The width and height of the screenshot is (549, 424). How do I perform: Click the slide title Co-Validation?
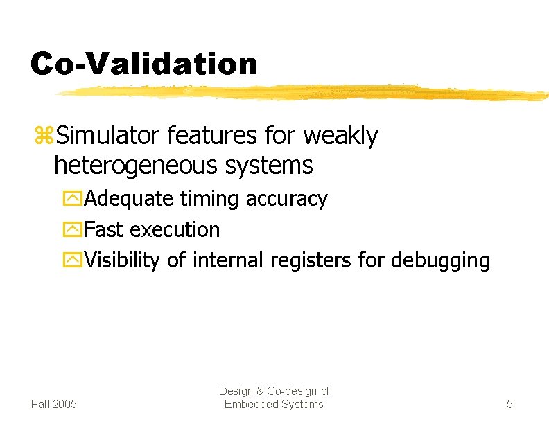(x=143, y=64)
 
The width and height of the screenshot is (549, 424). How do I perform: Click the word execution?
(x=175, y=229)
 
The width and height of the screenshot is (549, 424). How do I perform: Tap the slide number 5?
(x=509, y=404)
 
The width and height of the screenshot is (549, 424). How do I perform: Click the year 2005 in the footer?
(x=65, y=404)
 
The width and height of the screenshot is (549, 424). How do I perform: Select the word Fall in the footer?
(x=40, y=404)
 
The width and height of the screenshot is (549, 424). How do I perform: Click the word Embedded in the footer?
(x=250, y=404)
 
